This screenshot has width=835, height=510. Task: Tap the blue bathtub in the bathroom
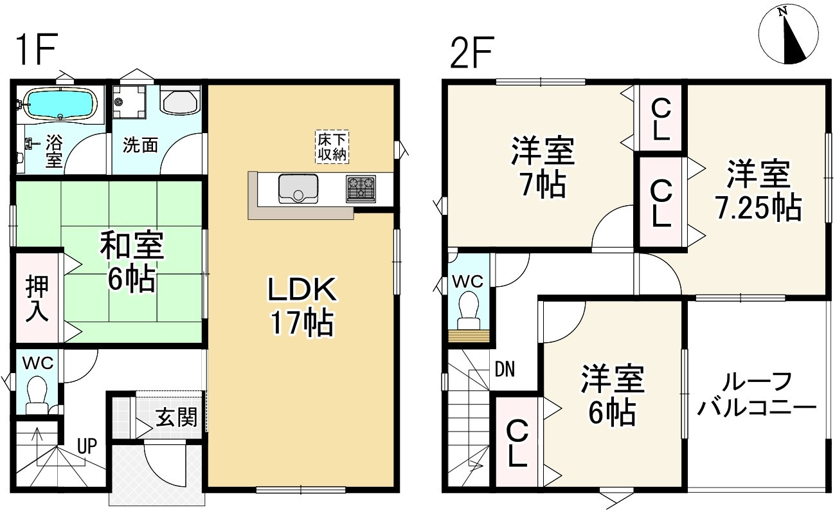point(59,104)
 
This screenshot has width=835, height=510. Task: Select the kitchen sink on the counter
point(298,188)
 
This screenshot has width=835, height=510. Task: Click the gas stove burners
point(361,188)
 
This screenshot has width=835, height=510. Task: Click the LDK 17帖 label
point(301,307)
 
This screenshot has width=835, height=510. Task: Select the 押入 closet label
point(36,300)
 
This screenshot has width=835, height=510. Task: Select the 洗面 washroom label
point(141,145)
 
